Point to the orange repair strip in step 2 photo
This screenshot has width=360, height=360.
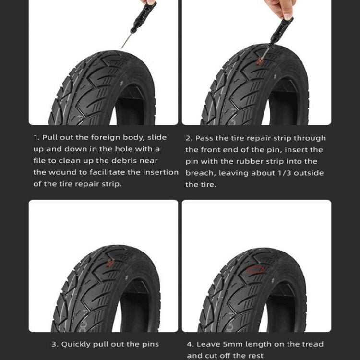(x=260, y=60)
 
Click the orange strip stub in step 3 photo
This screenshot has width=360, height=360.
(x=110, y=262)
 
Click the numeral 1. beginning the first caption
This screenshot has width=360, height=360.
(x=37, y=138)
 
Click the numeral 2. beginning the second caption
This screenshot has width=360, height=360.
(x=189, y=138)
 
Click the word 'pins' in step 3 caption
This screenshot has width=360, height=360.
(x=149, y=344)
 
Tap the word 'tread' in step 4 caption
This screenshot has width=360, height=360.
(x=312, y=344)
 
